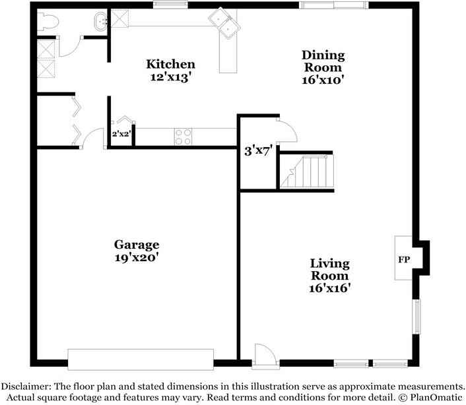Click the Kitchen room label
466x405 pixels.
[170, 64]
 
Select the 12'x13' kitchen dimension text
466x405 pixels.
[170, 77]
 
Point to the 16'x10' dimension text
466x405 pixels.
[323, 80]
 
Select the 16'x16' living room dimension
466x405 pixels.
[329, 288]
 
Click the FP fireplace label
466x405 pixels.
[403, 259]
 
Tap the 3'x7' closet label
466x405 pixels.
[258, 150]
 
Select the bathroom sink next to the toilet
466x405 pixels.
[100, 21]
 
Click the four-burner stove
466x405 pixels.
[183, 136]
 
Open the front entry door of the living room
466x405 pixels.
[261, 354]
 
